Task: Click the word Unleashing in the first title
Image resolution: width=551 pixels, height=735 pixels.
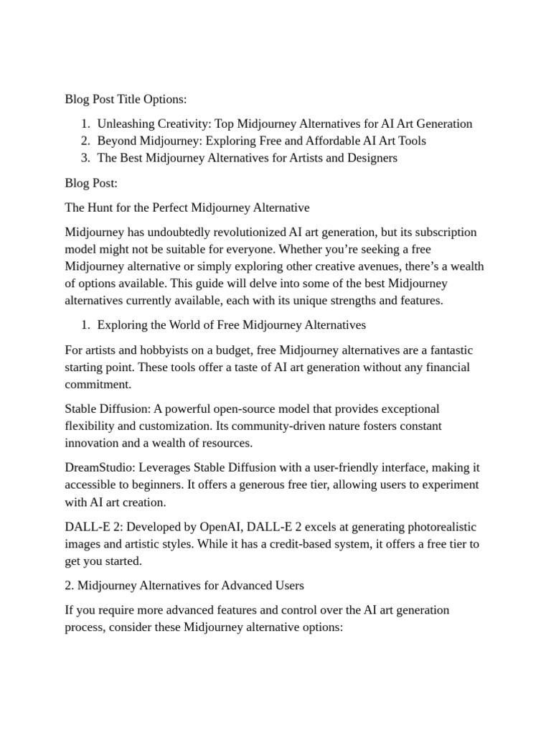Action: pyautogui.click(x=128, y=123)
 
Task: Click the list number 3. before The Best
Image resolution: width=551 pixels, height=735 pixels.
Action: pyautogui.click(x=85, y=158)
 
